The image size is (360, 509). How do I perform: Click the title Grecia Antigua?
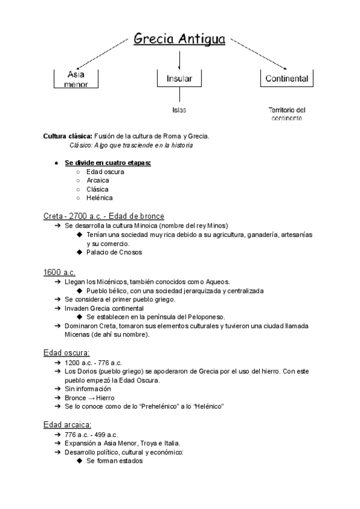point(179,40)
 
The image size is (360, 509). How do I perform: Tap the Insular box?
point(179,79)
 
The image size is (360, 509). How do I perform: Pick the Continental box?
point(287,79)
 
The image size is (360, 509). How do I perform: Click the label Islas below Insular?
point(179,110)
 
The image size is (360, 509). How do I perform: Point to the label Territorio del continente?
point(287,114)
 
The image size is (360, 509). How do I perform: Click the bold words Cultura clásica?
point(67,136)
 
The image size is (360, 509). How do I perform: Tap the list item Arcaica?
point(98,180)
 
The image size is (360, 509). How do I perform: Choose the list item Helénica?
point(100,197)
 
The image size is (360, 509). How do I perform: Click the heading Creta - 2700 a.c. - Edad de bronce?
point(104,215)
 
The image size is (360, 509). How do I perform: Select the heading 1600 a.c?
point(59,272)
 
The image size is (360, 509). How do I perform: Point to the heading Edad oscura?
point(66,352)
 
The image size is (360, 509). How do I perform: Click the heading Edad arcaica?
point(67,424)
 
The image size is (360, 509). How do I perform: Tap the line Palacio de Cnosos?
point(114,252)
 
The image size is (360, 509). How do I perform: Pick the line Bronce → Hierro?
point(89,397)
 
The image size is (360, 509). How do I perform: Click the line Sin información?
point(88,388)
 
